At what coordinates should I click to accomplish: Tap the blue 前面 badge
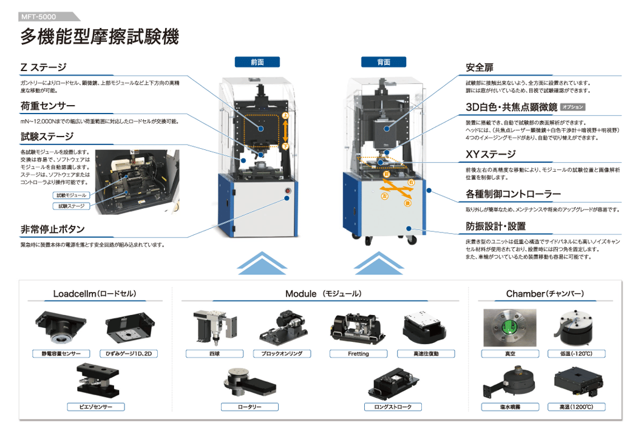pos(257,61)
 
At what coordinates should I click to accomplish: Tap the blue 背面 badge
pos(384,61)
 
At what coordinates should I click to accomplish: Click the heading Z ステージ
pos(43,67)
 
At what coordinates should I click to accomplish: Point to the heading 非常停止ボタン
pos(52,229)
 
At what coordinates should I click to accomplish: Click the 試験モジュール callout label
pos(72,195)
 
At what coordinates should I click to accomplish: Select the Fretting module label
pos(358,353)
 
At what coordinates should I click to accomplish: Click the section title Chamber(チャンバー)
pos(545,294)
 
